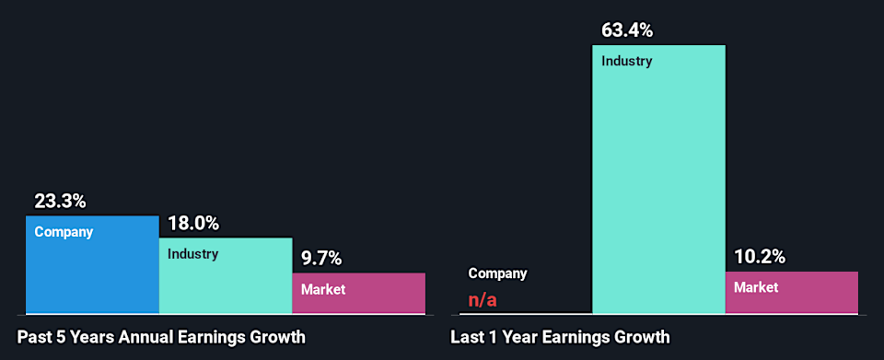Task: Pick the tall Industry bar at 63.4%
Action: point(658,184)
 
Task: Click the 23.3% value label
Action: point(60,201)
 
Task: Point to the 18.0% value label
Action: point(193,224)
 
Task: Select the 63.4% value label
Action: point(627,30)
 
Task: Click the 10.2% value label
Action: point(760,257)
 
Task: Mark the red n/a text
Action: point(483,300)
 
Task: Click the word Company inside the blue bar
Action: point(64,232)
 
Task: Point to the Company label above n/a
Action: point(497,273)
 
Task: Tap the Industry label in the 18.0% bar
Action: point(192,254)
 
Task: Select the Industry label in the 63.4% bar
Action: point(626,62)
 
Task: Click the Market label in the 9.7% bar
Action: point(323,289)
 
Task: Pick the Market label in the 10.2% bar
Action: point(756,287)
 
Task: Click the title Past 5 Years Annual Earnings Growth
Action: point(161,337)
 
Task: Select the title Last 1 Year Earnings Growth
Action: point(560,337)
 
